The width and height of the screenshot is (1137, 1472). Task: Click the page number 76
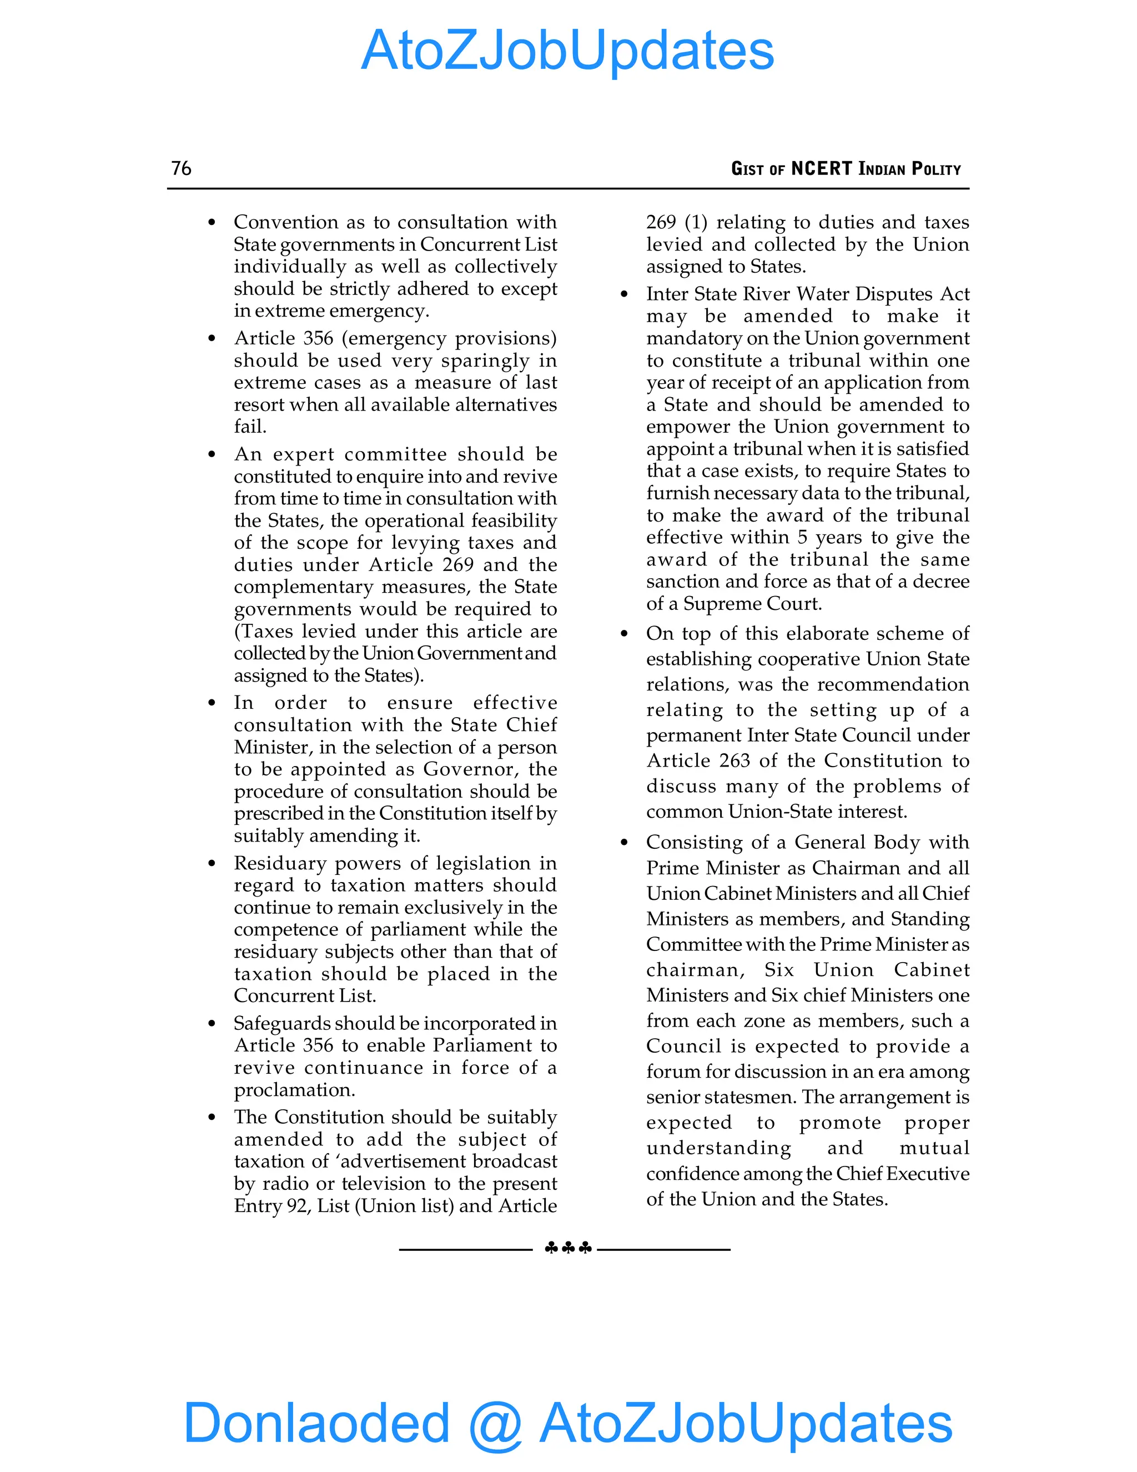tap(181, 168)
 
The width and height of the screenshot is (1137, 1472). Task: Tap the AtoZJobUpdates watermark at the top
tap(568, 51)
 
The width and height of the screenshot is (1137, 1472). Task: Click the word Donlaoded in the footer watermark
tap(316, 1422)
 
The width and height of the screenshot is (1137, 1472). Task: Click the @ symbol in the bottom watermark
tap(496, 1424)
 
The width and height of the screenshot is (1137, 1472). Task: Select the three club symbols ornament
tap(568, 1248)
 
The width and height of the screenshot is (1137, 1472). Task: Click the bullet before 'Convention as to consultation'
tap(212, 222)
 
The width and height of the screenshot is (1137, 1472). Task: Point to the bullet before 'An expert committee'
tap(212, 454)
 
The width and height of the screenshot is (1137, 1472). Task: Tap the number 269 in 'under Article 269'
tap(458, 565)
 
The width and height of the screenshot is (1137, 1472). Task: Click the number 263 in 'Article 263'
tap(734, 760)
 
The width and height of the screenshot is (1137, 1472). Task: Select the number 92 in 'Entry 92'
tap(298, 1206)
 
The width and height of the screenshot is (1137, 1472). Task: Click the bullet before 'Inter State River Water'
tap(625, 294)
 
